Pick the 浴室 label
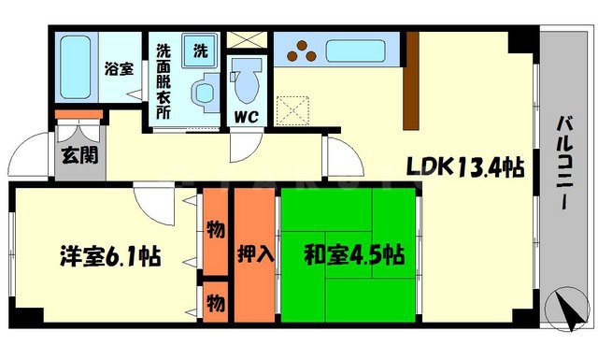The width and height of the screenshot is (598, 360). [x=118, y=69]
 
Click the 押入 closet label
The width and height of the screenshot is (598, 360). [x=255, y=255]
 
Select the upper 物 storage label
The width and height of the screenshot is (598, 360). [x=215, y=228]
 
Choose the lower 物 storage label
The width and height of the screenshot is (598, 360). [x=215, y=303]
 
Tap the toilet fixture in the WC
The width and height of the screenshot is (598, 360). [x=248, y=79]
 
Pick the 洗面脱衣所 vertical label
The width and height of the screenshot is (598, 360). [x=163, y=80]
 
